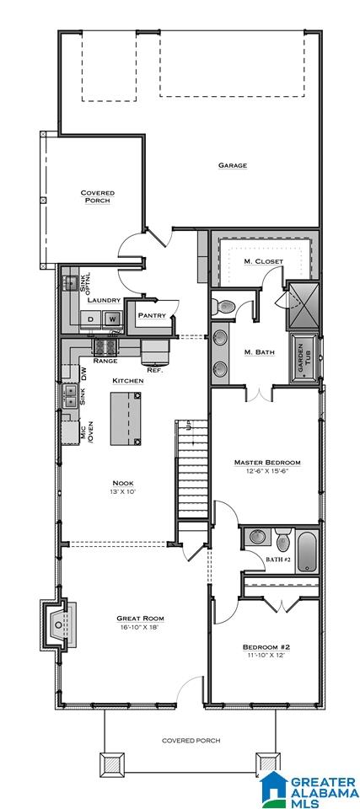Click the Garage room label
232,166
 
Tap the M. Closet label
263,261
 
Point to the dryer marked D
90,319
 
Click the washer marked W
112,319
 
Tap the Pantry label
152,316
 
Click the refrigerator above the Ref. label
155,351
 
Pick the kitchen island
126,419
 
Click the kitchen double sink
69,396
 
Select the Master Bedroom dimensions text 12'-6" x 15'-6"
267,470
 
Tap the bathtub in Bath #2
307,551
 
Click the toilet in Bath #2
282,539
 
